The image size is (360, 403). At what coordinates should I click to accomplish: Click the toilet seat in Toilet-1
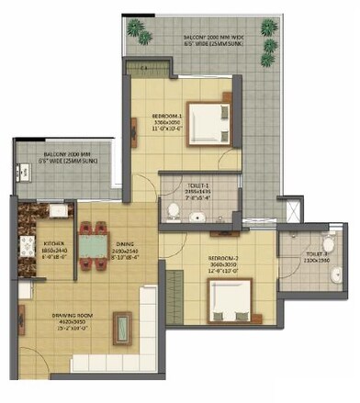tap(174, 212)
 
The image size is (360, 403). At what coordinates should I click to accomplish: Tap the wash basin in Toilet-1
tap(197, 218)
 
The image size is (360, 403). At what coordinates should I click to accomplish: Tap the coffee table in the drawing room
tap(119, 325)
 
